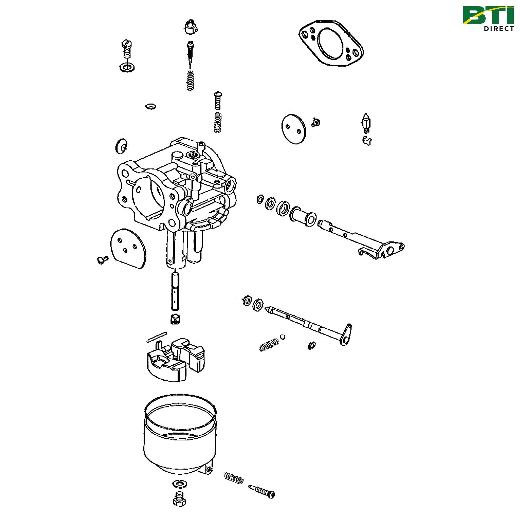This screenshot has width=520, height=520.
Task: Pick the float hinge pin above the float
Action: coord(156,337)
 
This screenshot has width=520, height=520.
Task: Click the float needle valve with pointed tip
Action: coord(366,122)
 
